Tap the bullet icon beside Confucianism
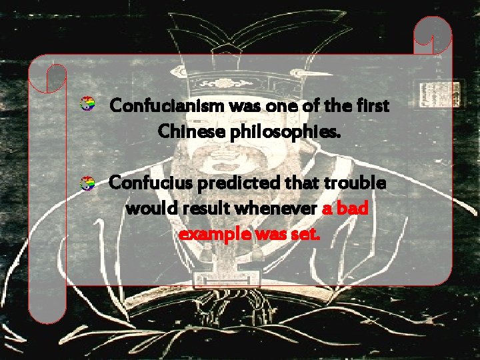pyautogui.click(x=85, y=104)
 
